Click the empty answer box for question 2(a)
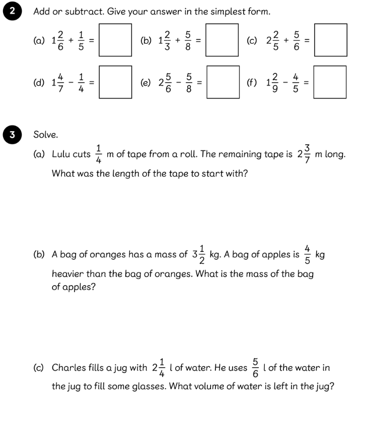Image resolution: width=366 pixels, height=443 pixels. [x=115, y=40]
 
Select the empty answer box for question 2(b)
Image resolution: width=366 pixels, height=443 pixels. [x=223, y=40]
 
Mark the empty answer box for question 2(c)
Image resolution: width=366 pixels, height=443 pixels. [x=331, y=40]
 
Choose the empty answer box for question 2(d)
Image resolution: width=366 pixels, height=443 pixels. [x=115, y=82]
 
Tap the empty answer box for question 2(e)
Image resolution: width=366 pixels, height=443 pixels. [x=223, y=82]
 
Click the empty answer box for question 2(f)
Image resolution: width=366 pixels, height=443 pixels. [x=331, y=82]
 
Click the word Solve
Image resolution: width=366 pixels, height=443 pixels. [x=46, y=135]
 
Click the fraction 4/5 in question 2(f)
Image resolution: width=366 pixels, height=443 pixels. [x=296, y=82]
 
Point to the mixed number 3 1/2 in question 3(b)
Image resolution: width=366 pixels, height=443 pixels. [x=198, y=254]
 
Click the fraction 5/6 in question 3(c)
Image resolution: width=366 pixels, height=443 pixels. [x=256, y=368]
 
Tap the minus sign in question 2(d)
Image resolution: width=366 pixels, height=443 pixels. [x=71, y=82]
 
